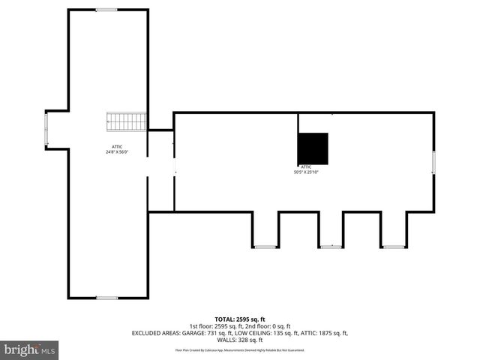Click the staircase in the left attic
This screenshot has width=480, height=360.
[125, 121]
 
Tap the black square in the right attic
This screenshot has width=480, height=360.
[313, 148]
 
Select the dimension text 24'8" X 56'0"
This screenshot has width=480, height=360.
[118, 152]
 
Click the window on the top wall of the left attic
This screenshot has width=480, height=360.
[106, 10]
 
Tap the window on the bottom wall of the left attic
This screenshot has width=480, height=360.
[106, 298]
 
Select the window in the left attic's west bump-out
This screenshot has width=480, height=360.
[46, 129]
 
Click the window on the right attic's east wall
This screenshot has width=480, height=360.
[433, 163]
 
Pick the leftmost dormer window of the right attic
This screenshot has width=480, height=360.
[265, 247]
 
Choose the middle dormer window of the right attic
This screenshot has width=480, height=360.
[330, 247]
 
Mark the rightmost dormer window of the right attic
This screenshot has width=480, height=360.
[394, 247]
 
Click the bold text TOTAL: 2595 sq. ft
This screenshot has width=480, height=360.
[240, 319]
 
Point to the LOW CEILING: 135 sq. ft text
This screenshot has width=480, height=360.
[268, 333]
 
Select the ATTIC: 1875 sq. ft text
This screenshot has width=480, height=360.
[325, 333]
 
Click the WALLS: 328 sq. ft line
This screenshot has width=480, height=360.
[240, 340]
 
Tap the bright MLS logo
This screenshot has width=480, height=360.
[30, 349]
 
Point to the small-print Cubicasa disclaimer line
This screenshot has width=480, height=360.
[240, 350]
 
